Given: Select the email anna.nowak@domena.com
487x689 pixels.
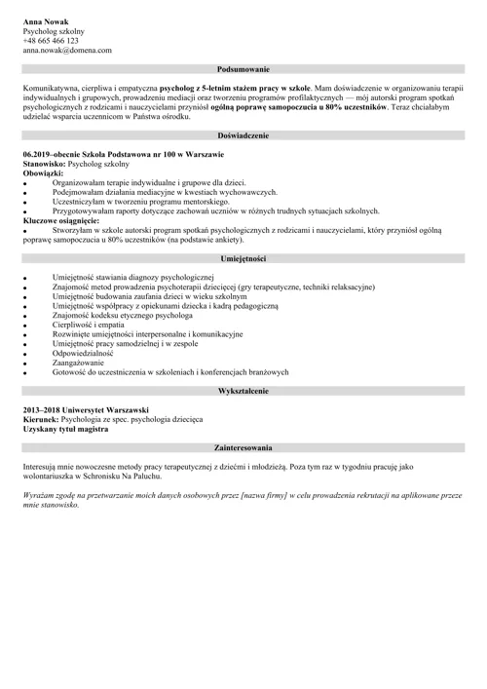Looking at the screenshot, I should pyautogui.click(x=66, y=50).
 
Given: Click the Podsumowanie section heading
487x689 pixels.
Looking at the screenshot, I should pyautogui.click(x=243, y=69).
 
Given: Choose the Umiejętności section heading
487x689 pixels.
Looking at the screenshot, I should pyautogui.click(x=243, y=258).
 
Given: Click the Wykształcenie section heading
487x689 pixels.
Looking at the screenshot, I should pyautogui.click(x=243, y=389).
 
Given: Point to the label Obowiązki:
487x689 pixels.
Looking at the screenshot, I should pyautogui.click(x=42, y=173).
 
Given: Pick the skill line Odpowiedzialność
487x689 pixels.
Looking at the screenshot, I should pyautogui.click(x=83, y=353).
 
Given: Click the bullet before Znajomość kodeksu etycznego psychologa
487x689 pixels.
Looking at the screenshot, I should pyautogui.click(x=24, y=315).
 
